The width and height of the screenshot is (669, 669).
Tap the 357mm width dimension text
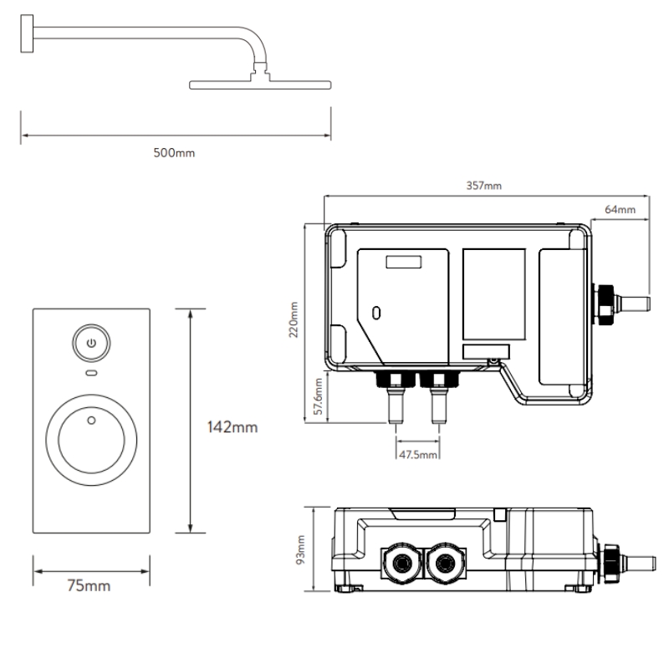coord(483,186)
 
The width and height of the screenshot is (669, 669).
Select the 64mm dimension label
coord(620,209)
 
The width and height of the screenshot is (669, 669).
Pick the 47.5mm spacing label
coord(417,454)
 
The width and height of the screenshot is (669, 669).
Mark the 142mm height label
coord(232,427)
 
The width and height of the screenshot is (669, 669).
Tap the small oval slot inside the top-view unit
coord(376,314)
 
